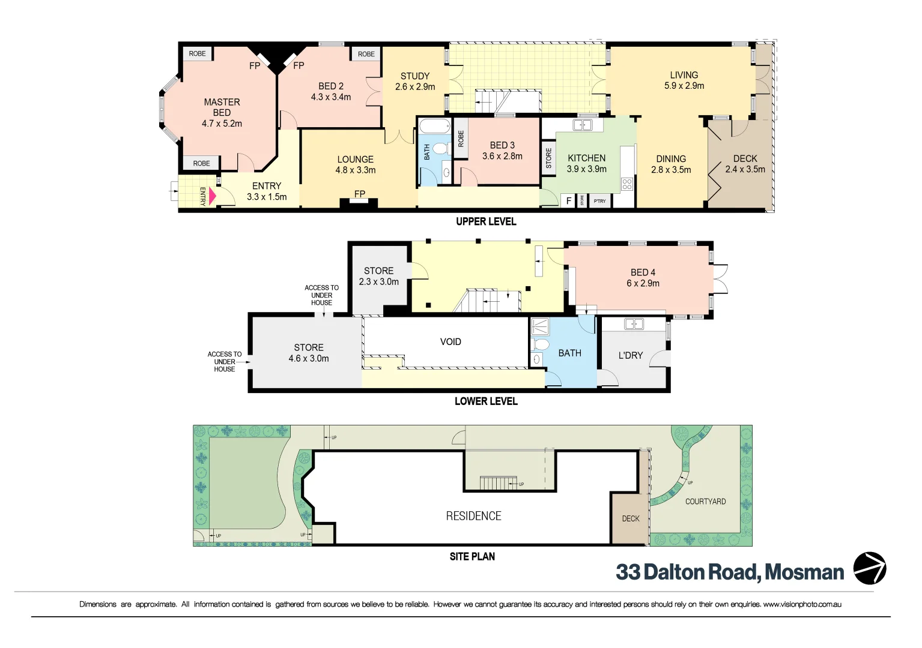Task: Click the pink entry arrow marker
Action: (x=212, y=196)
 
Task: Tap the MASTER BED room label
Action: (x=222, y=107)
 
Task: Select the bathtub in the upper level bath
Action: (x=434, y=127)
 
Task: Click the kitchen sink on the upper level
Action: (x=583, y=125)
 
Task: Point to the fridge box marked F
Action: (x=569, y=201)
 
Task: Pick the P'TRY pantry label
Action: (x=599, y=201)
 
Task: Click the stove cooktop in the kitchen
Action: (x=627, y=184)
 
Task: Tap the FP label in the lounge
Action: (x=359, y=194)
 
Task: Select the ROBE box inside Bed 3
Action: (x=461, y=139)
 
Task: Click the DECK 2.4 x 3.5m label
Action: (x=745, y=164)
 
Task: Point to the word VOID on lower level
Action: (x=450, y=342)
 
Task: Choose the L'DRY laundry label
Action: (x=630, y=355)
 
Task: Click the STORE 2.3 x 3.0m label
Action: (x=378, y=276)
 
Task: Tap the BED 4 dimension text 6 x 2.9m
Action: (x=643, y=283)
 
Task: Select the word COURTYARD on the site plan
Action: (x=705, y=502)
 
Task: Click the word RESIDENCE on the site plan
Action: (x=473, y=516)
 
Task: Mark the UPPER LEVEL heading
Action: (x=486, y=221)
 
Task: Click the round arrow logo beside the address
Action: (x=870, y=568)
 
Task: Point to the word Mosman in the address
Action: (x=804, y=572)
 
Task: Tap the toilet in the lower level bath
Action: (x=541, y=344)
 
